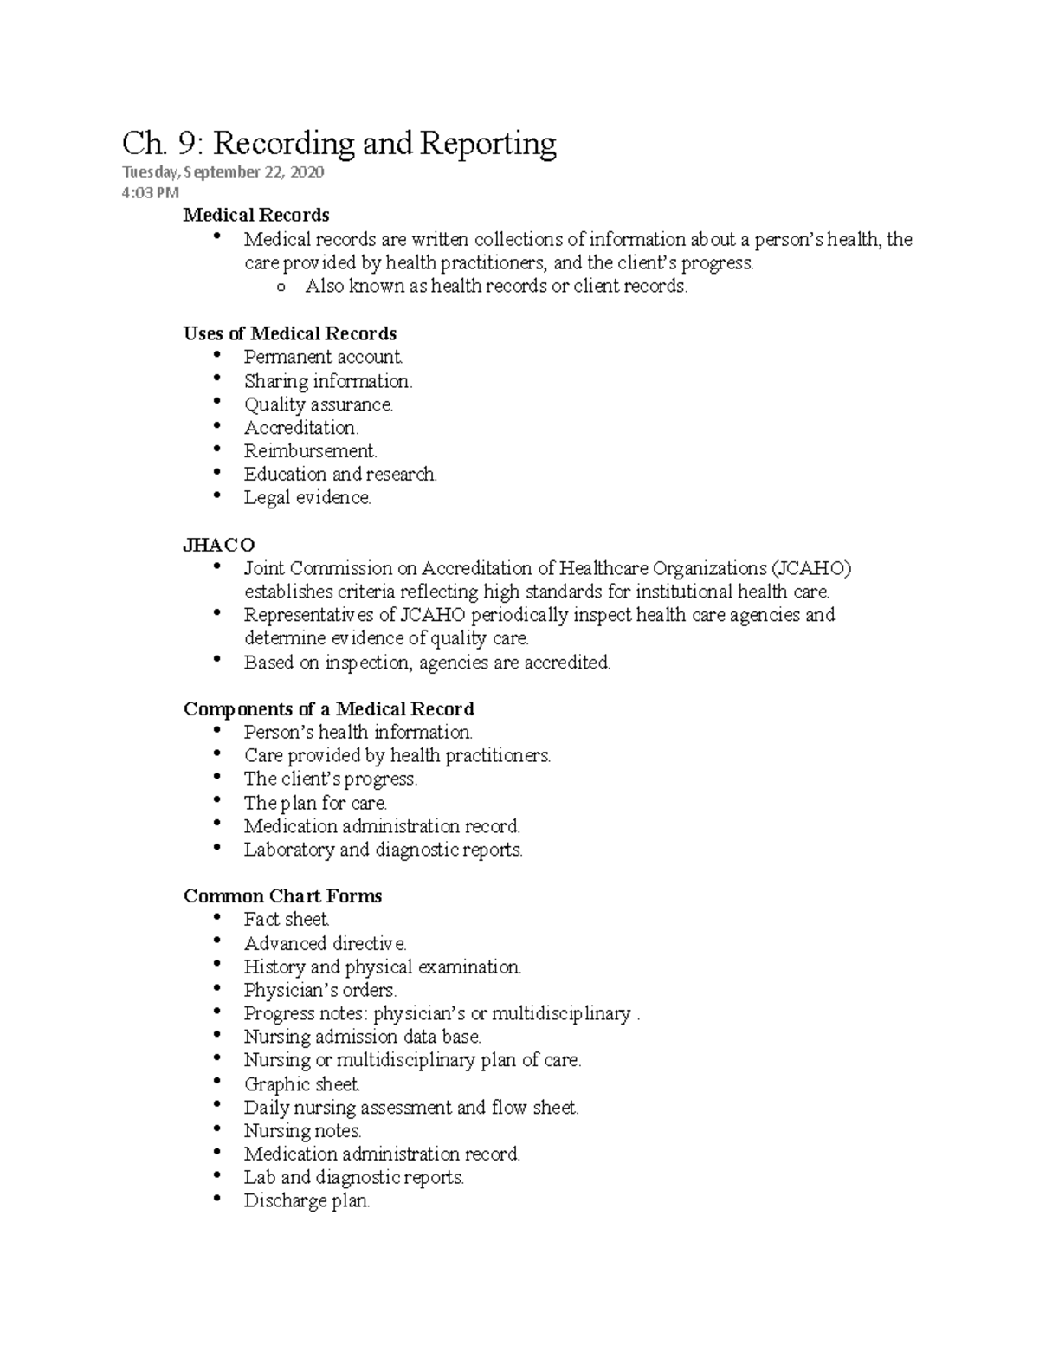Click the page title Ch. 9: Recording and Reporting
coord(339,144)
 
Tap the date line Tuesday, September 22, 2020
coord(223,172)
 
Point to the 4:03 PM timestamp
coord(151,192)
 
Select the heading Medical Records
coord(256,215)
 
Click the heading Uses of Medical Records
coord(290,333)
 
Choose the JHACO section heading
coord(219,545)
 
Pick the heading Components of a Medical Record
coord(329,709)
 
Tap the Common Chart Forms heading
coord(283,896)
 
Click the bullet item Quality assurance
coord(319,404)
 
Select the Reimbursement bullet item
coord(311,451)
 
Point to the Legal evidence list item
coord(307,498)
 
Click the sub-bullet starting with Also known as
coord(496,287)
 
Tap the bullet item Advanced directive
coord(325,943)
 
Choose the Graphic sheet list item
coord(301,1084)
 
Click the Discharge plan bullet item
coord(307,1201)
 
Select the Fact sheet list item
coord(287,920)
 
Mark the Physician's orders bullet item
coord(320,990)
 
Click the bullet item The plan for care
coord(315,803)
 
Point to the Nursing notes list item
coord(302,1131)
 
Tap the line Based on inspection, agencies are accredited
coord(428,663)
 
